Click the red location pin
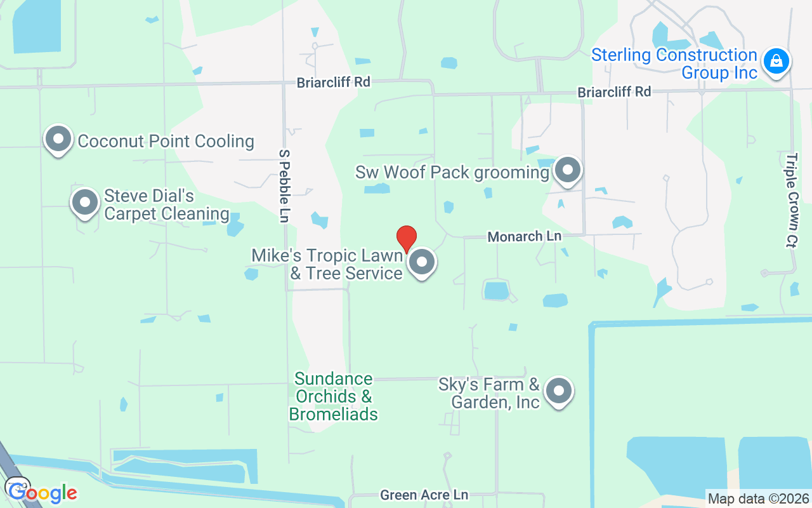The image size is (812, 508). point(407,239)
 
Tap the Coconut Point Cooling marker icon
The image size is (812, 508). point(58,139)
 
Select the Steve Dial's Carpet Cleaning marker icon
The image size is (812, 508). point(85,203)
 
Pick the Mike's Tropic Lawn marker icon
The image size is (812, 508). point(421,262)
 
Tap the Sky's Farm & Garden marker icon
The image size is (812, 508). point(559,391)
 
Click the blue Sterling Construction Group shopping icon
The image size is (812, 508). point(775,62)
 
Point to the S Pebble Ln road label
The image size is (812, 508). point(284,185)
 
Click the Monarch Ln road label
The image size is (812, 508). point(525,236)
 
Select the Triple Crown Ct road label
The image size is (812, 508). point(791,200)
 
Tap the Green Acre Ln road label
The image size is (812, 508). point(424,495)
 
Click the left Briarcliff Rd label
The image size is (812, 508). point(334,82)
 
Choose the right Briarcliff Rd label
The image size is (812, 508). point(614,92)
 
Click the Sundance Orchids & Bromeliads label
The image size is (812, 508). point(334,397)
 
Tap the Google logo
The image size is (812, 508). point(43,492)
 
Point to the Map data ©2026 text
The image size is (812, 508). point(758,499)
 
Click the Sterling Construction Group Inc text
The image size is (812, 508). point(674,63)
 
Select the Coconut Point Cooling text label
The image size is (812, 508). point(166,141)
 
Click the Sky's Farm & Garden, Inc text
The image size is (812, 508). point(489,393)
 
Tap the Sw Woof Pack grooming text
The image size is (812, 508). point(452,172)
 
